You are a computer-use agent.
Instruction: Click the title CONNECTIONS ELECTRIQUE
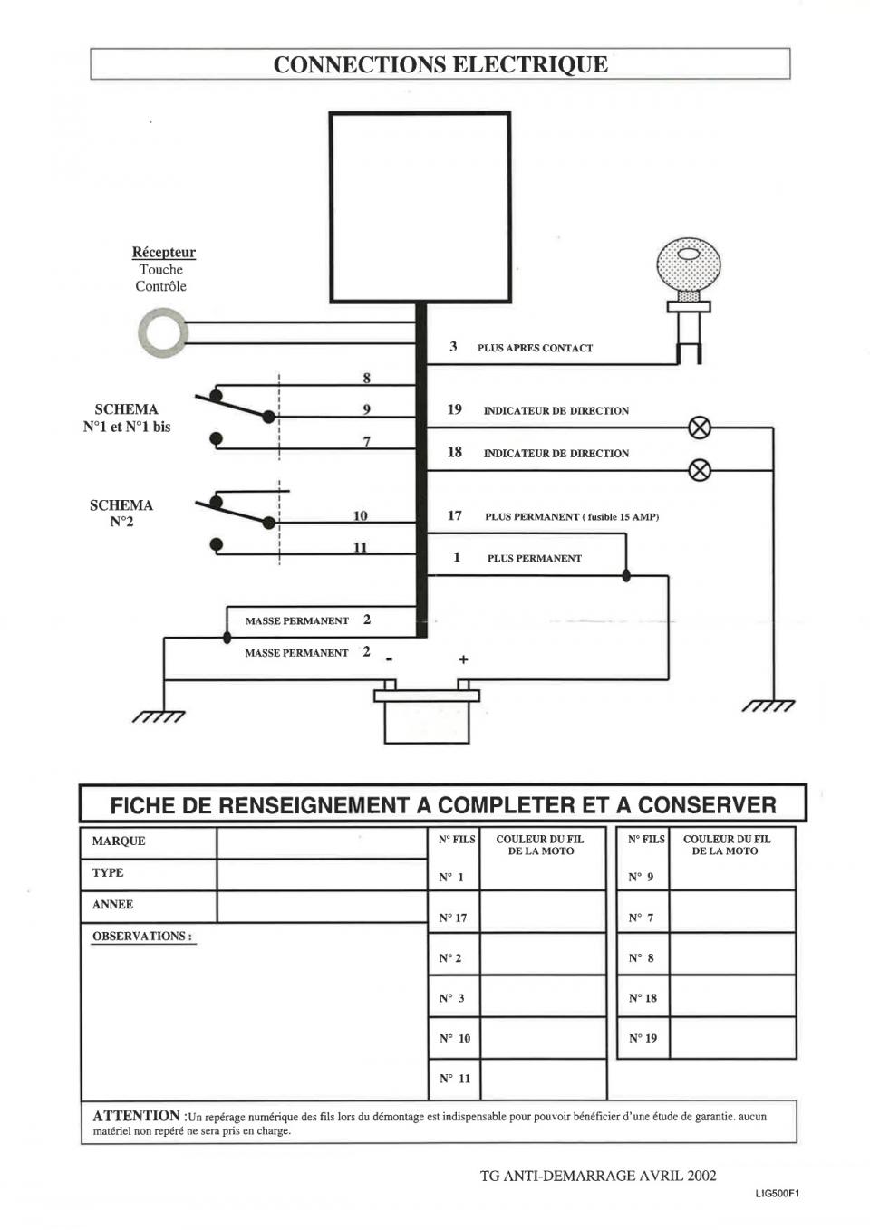[x=440, y=64]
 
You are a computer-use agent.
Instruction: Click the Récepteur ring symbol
[x=164, y=332]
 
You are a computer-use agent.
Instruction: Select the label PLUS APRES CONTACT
[x=535, y=348]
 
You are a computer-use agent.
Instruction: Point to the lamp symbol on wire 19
[x=700, y=428]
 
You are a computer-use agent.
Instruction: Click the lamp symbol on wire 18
[x=700, y=470]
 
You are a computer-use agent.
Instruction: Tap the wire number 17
[x=454, y=516]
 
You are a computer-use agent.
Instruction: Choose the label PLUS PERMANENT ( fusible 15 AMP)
[x=571, y=517]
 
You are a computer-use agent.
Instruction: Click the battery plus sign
[x=463, y=659]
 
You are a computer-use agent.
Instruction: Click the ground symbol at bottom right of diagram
[x=769, y=706]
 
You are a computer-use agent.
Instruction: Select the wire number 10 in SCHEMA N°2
[x=360, y=516]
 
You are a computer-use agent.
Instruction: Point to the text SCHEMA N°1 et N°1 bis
[x=126, y=418]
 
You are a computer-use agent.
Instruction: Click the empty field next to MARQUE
[x=321, y=842]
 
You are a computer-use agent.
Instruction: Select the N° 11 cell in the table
[x=454, y=1079]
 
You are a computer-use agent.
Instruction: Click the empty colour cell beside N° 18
[x=732, y=998]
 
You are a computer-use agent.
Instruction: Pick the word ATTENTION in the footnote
[x=136, y=1116]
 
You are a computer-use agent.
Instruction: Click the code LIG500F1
[x=777, y=1193]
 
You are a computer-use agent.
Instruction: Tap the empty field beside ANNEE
[x=321, y=906]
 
